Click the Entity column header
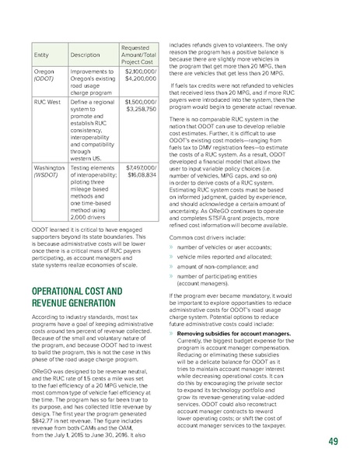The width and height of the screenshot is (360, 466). click(36, 55)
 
